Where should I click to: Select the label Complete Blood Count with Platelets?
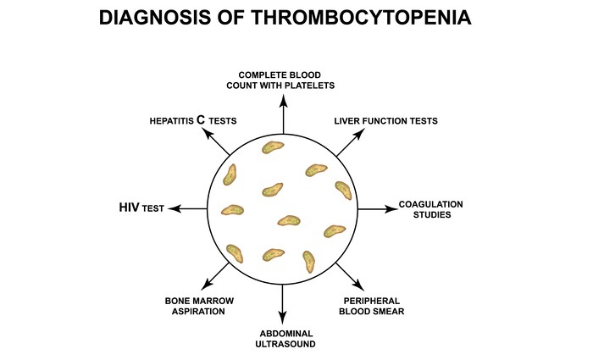pos(285,78)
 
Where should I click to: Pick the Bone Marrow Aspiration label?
pos(199,306)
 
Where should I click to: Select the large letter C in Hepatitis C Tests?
pos(201,120)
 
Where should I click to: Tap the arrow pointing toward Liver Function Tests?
pos(348,144)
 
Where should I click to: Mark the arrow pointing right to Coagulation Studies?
pos(378,208)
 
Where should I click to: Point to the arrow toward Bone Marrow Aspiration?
pos(218,274)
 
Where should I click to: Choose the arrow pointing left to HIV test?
pos(188,208)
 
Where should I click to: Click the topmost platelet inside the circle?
pos(272,148)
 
